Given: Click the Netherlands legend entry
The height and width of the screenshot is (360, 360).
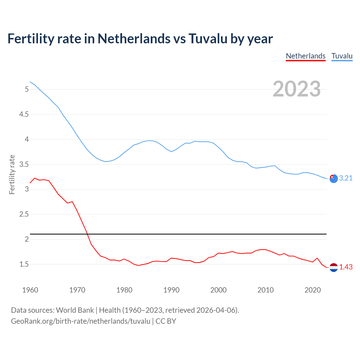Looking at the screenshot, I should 305,56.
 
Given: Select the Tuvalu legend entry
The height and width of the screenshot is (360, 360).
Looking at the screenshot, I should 342,56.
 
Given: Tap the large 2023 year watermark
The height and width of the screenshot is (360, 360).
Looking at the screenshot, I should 296,89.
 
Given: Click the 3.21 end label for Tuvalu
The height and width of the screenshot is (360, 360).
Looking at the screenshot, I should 346,178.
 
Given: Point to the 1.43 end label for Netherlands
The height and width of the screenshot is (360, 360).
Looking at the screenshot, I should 346,267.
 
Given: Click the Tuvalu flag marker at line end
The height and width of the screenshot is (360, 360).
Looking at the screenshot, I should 333,179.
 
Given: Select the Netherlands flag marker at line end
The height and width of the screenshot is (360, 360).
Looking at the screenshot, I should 333,267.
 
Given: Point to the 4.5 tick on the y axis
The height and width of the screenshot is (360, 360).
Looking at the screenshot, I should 24,114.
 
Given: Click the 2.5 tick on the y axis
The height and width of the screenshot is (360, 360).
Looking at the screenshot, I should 24,214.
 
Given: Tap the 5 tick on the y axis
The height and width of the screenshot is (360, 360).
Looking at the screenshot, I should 27,89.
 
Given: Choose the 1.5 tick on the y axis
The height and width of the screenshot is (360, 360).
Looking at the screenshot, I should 24,264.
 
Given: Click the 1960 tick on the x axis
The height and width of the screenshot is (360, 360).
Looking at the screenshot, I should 30,290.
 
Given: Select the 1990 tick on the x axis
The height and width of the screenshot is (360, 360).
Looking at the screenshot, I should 171,290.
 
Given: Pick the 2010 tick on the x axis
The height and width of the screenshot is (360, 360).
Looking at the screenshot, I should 265,290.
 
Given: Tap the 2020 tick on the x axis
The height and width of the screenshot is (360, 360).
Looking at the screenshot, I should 312,290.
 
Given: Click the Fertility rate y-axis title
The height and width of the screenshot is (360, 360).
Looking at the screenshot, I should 12,174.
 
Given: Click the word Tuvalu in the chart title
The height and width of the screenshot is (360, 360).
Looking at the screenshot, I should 208,39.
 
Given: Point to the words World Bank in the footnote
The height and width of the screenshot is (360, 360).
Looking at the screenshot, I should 75,310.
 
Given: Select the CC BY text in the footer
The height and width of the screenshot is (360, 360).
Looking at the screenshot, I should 166,321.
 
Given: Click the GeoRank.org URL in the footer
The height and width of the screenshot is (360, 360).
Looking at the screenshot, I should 80,321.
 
